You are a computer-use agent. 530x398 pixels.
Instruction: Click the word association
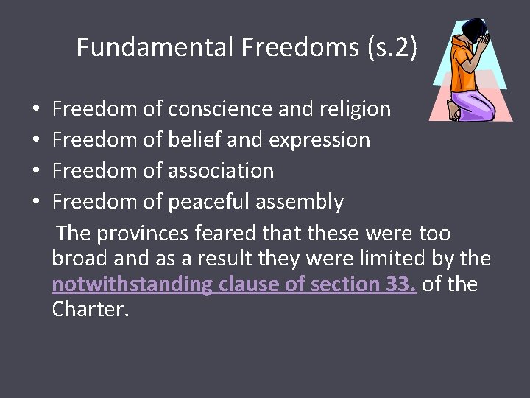(221, 171)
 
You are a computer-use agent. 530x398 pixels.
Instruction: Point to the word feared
(226, 234)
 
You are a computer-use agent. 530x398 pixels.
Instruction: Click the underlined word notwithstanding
(132, 284)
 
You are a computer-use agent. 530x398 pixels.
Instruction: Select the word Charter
(89, 310)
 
